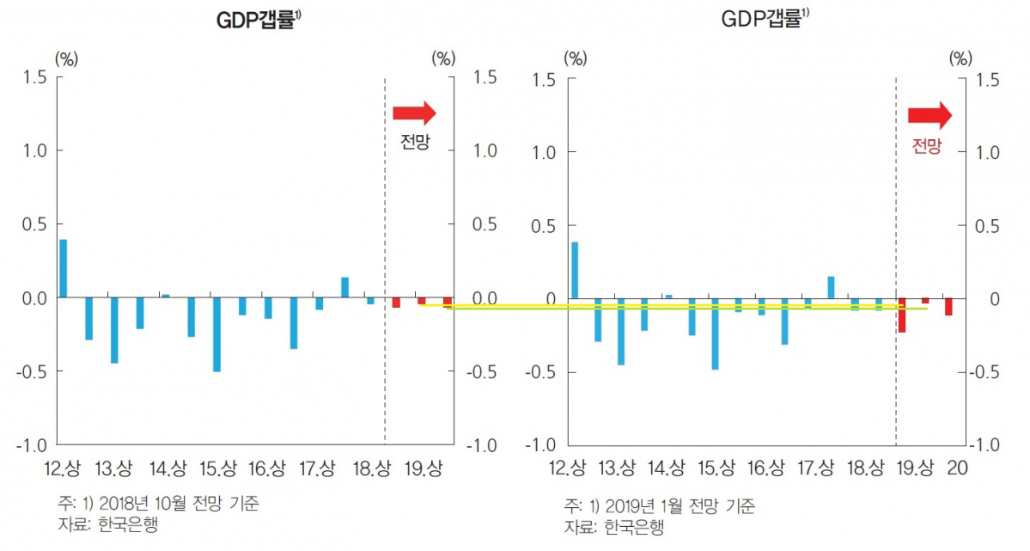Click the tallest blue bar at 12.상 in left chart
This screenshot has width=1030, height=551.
(x=63, y=268)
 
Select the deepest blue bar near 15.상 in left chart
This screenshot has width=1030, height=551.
(x=217, y=334)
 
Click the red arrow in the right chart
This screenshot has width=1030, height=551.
(x=929, y=114)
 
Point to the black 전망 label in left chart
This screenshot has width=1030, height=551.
(x=415, y=143)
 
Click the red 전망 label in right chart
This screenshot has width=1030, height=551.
(x=926, y=146)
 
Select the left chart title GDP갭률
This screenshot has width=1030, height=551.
(x=258, y=21)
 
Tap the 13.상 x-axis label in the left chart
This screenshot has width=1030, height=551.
(x=114, y=468)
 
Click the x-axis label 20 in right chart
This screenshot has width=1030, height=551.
(x=957, y=468)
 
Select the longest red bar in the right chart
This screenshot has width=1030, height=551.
(x=902, y=315)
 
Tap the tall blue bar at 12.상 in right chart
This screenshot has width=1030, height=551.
(x=575, y=271)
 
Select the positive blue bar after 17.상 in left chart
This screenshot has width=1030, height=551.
(x=344, y=287)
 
